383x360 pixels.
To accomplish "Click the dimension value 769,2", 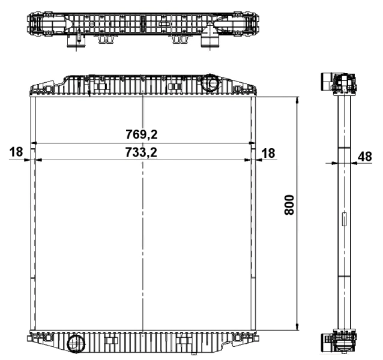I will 142,133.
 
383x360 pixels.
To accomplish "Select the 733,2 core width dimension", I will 142,153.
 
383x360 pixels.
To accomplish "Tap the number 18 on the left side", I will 16,153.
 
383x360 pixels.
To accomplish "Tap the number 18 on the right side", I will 268,153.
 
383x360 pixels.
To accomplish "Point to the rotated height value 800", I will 289,206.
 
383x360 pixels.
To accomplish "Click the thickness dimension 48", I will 364,156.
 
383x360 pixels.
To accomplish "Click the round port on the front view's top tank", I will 211,81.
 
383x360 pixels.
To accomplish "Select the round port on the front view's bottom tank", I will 76,344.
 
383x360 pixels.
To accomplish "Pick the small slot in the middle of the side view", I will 344,220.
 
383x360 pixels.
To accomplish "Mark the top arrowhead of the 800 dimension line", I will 297,100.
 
